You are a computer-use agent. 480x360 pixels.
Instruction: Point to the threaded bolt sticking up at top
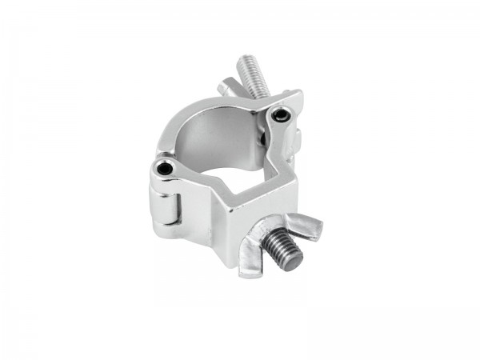point(250,76)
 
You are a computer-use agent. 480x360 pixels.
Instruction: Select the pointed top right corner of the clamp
point(300,95)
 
